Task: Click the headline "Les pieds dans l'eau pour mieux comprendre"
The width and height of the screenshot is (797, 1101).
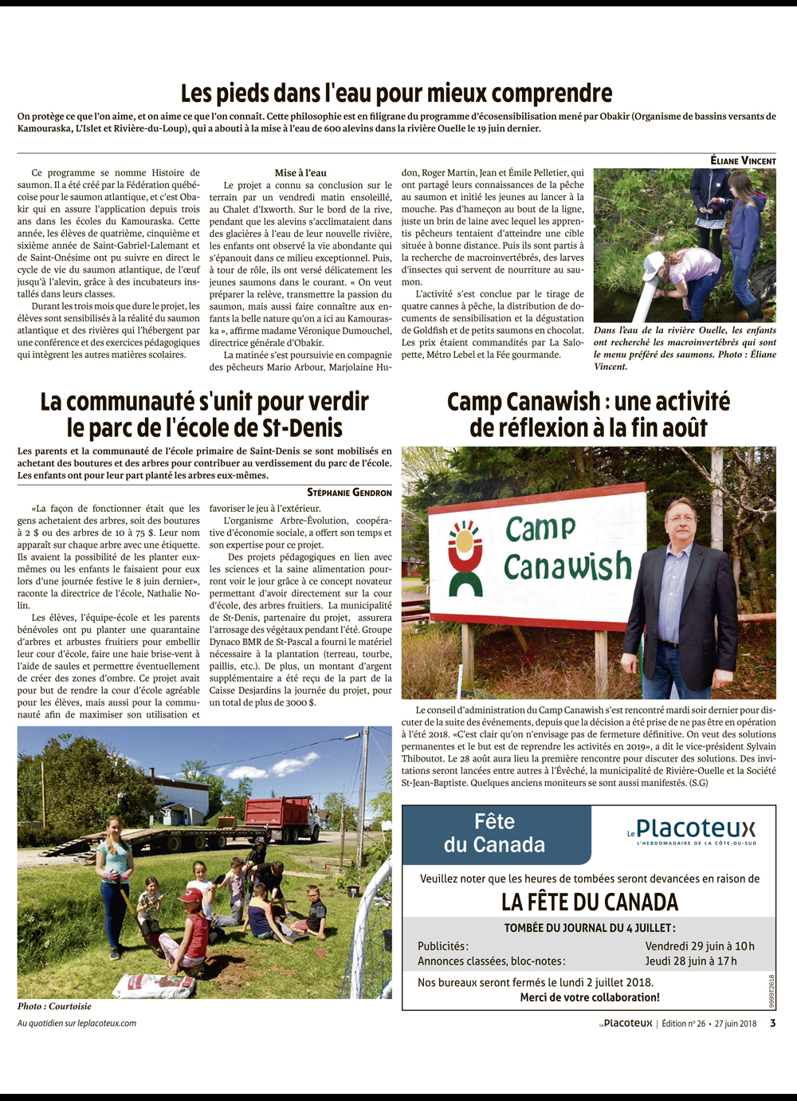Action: [396, 93]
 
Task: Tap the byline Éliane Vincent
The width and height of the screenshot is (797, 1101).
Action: [743, 161]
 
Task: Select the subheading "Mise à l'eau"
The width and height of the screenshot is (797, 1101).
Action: [300, 173]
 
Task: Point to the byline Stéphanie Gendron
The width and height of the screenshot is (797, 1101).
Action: [349, 493]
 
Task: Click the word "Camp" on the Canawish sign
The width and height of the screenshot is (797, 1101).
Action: [540, 528]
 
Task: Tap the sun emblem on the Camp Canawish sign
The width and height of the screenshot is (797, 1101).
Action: [465, 541]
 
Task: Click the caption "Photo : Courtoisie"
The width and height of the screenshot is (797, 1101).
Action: [54, 1006]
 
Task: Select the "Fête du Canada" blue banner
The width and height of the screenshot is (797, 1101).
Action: [496, 834]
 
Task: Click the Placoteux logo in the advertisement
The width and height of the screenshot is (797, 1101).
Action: [691, 831]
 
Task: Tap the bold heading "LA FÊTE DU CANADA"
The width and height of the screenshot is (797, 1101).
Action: [590, 902]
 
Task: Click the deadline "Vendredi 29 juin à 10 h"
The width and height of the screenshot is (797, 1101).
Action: [699, 946]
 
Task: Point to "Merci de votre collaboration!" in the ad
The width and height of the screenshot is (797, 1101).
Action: [590, 997]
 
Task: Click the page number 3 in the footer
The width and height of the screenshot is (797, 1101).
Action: [772, 1024]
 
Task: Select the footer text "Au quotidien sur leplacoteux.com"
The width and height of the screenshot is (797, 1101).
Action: [77, 1024]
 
